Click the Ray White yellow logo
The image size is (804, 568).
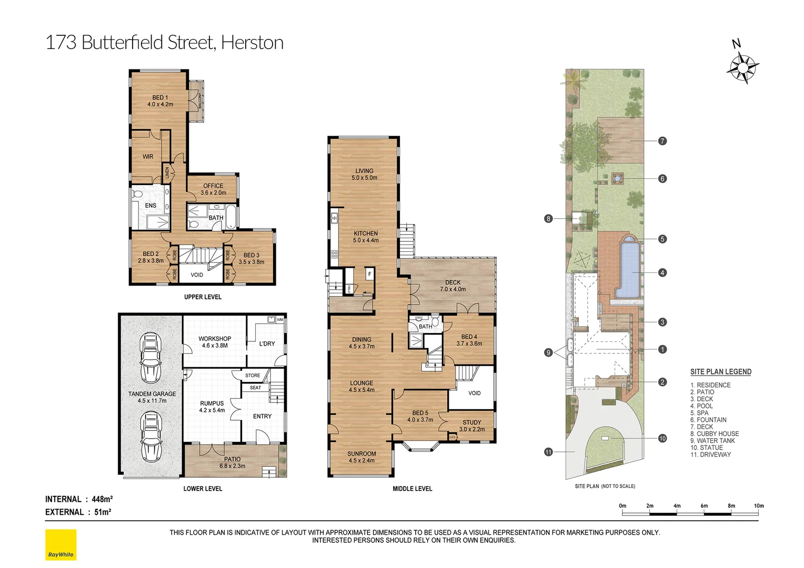61,544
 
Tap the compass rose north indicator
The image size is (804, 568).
742,67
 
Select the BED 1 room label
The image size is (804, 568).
160,101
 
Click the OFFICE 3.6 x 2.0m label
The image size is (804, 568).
213,189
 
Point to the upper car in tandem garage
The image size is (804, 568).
151,358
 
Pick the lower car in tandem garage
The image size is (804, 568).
151,437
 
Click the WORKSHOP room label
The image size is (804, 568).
215,342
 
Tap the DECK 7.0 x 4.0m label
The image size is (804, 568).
453,286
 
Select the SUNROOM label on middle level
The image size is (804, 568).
361,457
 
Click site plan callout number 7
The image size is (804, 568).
662,141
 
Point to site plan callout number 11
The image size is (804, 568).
548,452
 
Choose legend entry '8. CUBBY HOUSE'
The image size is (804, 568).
714,434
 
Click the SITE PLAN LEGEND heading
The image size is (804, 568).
720,372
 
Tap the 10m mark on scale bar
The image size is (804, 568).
758,506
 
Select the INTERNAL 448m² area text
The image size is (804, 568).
79,499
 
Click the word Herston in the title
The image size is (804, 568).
252,43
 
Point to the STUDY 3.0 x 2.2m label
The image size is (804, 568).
471,425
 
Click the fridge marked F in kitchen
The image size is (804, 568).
369,274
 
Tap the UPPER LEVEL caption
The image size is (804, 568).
203,297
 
